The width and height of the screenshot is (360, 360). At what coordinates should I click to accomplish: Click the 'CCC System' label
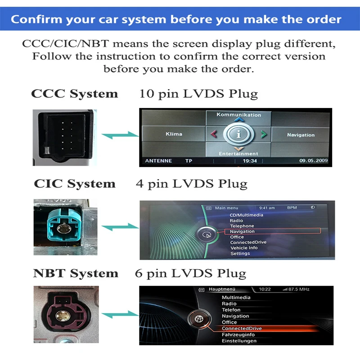click(74, 94)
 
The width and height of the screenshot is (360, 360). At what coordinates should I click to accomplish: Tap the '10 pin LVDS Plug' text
click(198, 94)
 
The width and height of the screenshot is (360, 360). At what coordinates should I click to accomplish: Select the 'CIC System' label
click(75, 184)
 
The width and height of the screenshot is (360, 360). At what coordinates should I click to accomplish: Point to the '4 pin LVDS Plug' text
click(192, 184)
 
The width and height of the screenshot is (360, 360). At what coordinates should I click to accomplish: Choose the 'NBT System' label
click(76, 274)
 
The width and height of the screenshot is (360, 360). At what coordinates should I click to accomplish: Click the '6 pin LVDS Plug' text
click(191, 274)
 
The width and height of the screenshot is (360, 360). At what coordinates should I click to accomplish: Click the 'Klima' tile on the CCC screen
click(174, 134)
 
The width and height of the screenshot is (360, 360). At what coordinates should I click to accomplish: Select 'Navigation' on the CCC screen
click(301, 135)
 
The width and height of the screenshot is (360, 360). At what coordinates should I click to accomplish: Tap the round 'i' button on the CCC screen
click(238, 134)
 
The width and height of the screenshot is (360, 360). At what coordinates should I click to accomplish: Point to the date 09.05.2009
click(314, 161)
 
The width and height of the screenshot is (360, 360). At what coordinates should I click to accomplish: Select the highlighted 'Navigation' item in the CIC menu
click(242, 231)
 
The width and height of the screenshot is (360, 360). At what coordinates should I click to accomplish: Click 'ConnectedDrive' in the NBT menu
click(242, 328)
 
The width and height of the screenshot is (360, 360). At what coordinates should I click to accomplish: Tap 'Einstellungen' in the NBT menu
click(239, 341)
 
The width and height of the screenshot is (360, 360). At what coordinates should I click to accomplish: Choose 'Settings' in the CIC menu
click(240, 253)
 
